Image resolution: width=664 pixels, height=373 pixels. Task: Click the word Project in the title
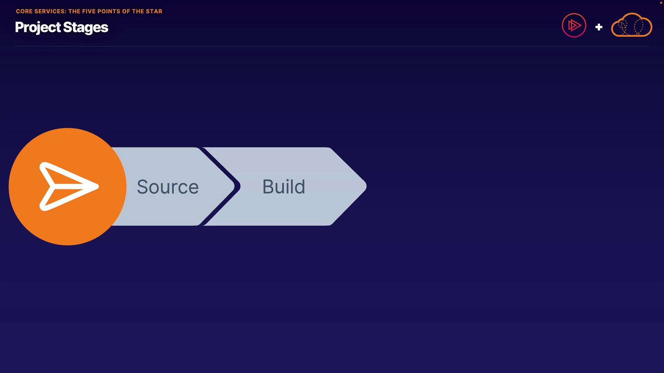(38, 28)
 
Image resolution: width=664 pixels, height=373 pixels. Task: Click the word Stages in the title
(86, 28)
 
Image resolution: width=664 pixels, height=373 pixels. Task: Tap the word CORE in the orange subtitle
(24, 11)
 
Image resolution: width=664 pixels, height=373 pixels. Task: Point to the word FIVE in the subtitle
(89, 11)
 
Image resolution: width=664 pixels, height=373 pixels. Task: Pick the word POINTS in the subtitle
(109, 11)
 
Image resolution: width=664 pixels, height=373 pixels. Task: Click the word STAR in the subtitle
(154, 11)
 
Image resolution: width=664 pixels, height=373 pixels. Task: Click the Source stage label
(168, 187)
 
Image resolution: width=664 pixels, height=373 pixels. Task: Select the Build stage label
(284, 186)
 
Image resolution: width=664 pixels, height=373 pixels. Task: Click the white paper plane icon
(69, 186)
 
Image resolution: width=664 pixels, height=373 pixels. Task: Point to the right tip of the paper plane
(99, 186)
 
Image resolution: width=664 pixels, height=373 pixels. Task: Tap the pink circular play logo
(574, 25)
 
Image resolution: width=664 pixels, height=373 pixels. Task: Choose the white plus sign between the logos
(599, 27)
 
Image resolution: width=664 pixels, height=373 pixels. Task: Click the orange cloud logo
(632, 25)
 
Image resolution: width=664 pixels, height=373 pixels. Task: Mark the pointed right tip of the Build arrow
(366, 186)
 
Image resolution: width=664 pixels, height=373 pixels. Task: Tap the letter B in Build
(268, 186)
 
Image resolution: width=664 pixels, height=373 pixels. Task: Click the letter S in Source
(143, 187)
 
